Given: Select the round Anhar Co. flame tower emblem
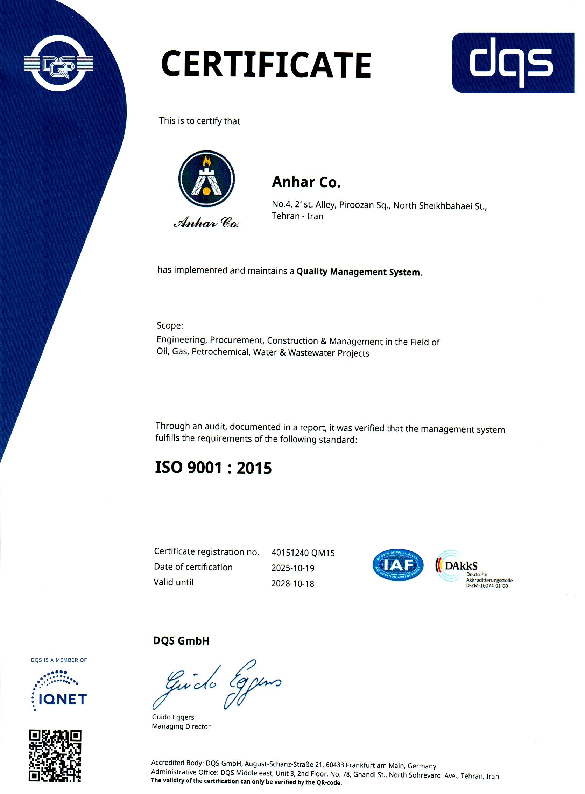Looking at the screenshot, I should (x=206, y=178).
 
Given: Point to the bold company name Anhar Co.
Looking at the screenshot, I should (x=306, y=182).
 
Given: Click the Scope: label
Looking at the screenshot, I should (x=170, y=325).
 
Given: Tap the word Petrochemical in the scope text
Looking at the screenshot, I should (x=220, y=352).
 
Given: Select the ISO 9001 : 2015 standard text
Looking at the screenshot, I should (x=213, y=468).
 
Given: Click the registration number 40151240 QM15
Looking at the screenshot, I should (x=303, y=553).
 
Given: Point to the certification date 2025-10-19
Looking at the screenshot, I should (x=293, y=568).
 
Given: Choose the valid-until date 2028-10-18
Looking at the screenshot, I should (x=292, y=584).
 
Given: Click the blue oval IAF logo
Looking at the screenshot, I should (x=398, y=565).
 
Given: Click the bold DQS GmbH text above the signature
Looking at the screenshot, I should (x=181, y=641).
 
